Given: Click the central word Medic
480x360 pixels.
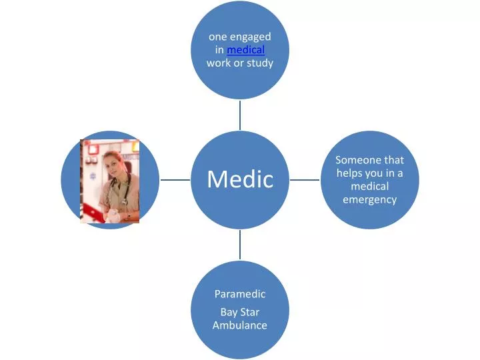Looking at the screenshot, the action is point(240,179).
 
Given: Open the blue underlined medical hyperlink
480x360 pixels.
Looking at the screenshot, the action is point(246,49).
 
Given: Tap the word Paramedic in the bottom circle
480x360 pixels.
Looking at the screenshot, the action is point(240,294).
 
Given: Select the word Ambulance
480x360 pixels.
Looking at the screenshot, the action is point(240,325).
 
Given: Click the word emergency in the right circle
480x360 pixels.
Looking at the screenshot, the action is point(369,200).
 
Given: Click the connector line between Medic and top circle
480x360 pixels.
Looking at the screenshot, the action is point(240,115).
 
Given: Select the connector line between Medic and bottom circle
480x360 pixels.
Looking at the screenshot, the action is point(240,245).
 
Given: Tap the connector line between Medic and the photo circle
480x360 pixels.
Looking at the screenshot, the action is point(175,180).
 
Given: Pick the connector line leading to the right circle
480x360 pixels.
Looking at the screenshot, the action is point(305,180).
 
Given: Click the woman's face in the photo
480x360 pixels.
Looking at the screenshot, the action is point(111,164).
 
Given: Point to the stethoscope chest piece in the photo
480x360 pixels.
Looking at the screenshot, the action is point(124,202).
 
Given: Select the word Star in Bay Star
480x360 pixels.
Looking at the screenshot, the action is point(250,312).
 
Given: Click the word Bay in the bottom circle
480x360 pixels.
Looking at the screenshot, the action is point(229,313).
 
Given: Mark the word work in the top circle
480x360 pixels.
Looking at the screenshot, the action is point(218,63).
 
